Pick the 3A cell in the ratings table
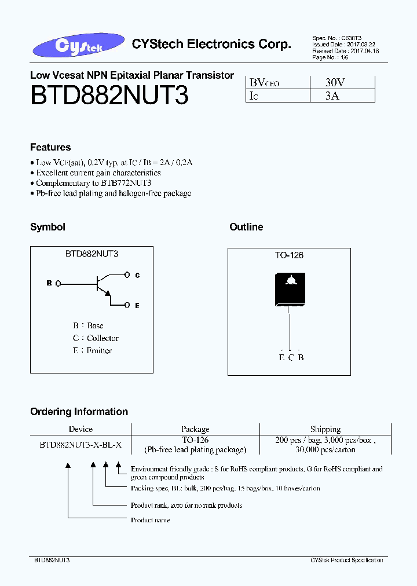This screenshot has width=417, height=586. [332, 96]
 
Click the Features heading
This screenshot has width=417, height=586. [50, 147]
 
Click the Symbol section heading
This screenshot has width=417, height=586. [47, 227]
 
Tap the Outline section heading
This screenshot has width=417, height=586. [246, 227]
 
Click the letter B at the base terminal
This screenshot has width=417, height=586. [49, 283]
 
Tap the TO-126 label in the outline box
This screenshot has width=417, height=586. [289, 255]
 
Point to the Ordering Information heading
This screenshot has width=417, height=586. [79, 412]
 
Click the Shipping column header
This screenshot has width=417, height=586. [325, 429]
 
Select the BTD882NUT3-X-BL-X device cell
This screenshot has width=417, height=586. [81, 445]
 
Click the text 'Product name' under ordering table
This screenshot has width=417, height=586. [150, 520]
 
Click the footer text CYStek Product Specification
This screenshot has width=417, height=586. [346, 561]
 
